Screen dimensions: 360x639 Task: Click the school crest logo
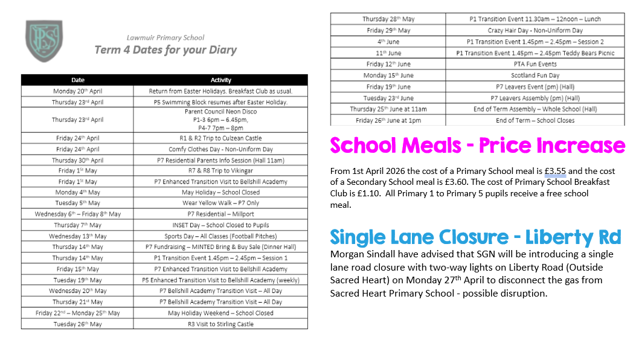(43, 43)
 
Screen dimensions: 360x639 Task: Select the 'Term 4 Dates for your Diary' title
(165, 50)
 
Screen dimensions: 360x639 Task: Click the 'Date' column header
(77, 80)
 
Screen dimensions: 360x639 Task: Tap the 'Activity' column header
(220, 80)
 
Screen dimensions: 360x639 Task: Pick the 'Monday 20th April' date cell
(77, 91)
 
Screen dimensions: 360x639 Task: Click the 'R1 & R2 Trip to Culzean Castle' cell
(220, 138)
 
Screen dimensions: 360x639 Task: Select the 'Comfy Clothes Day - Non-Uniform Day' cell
(220, 149)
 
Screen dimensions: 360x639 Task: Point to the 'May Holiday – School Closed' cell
(220, 193)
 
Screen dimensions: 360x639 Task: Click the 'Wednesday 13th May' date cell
(77, 236)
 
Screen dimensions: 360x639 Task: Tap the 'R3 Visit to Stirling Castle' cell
(220, 324)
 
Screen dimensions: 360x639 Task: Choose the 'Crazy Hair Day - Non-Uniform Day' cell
(535, 30)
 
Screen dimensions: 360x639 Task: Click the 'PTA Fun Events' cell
(535, 64)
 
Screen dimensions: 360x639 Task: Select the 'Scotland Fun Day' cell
(535, 76)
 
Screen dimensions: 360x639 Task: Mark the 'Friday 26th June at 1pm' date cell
(388, 120)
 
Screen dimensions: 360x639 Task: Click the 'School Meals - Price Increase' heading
(477, 146)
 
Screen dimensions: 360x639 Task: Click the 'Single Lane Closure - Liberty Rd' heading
(475, 237)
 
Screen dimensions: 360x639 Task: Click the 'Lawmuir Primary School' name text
(165, 37)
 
